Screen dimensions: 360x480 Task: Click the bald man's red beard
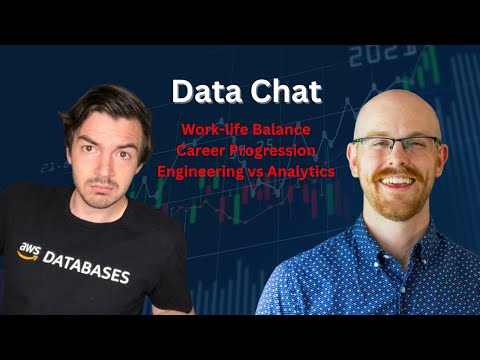pos(400,204)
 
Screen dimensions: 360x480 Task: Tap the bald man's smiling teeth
pos(399,182)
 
